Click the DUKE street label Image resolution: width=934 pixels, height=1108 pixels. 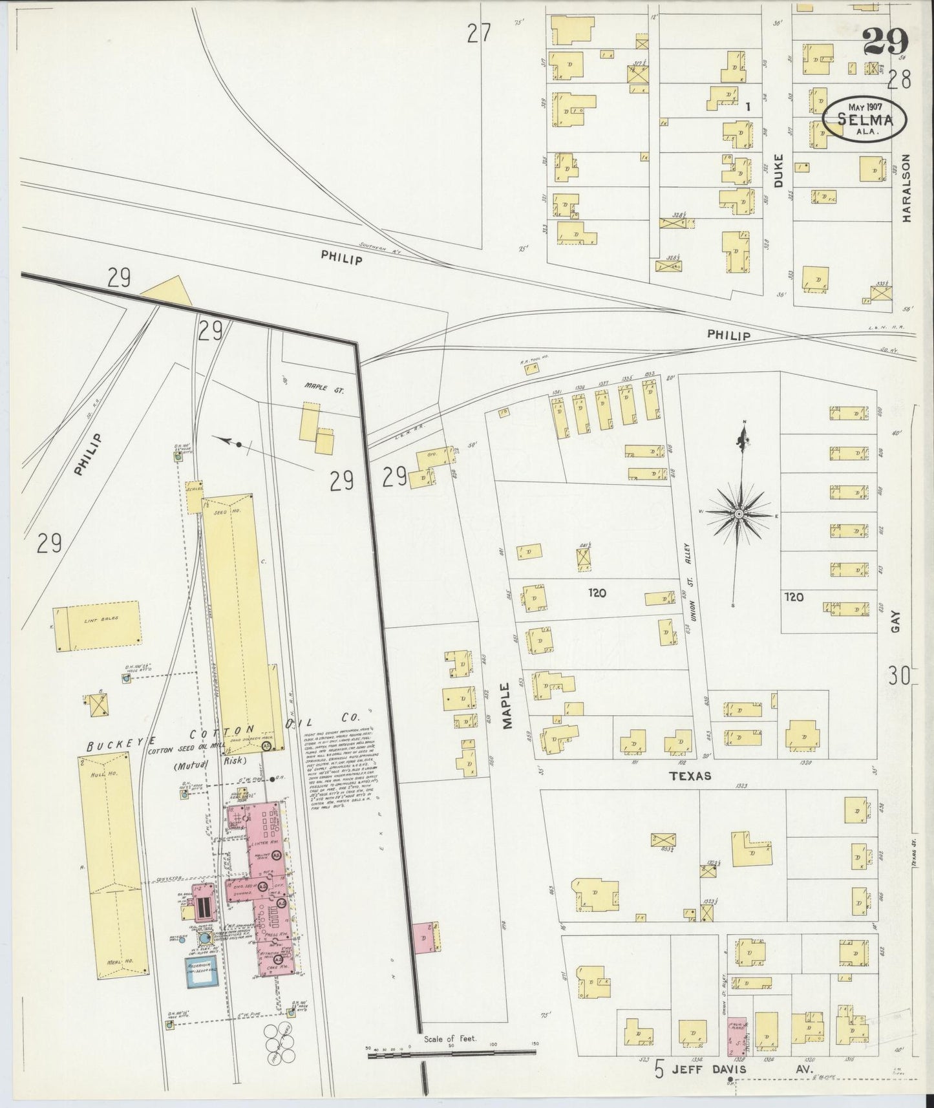[778, 171]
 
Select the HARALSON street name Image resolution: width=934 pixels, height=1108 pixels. [907, 188]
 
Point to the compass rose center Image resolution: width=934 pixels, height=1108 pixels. [738, 514]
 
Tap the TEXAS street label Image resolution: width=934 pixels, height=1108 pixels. [690, 776]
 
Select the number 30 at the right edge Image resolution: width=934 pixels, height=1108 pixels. [898, 677]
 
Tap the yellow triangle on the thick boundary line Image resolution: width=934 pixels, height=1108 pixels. [168, 292]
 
